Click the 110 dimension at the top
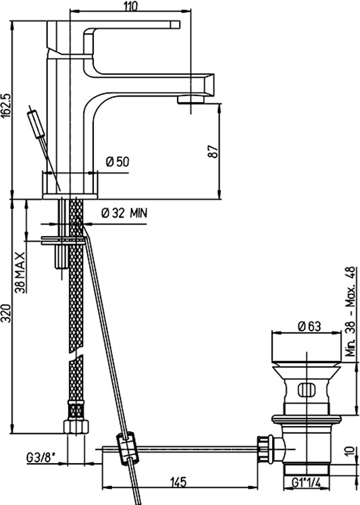tap(130, 6)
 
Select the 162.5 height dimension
tap(7, 105)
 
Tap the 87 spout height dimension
tap(213, 151)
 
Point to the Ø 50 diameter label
tap(118, 162)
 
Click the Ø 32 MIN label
tap(124, 213)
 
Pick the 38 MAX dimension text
tap(20, 272)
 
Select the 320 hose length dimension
tap(7, 313)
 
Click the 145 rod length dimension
tap(177, 482)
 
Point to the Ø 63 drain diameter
tap(310, 327)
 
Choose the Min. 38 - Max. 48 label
tap(351, 311)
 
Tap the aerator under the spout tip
tap(190, 99)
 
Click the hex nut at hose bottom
tap(76, 427)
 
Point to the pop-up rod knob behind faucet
tap(36, 123)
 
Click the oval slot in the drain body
tap(307, 390)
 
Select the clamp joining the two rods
tap(128, 449)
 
